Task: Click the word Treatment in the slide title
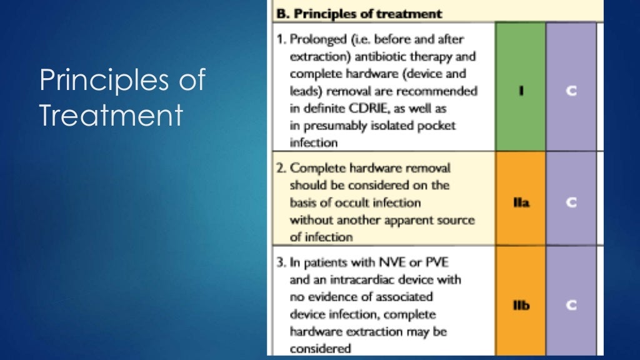pyautogui.click(x=111, y=116)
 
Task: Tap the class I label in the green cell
pyautogui.click(x=521, y=91)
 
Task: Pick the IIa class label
pyautogui.click(x=521, y=203)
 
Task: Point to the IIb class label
pyautogui.click(x=521, y=306)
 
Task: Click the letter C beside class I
pyautogui.click(x=571, y=91)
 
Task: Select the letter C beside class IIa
pyautogui.click(x=571, y=203)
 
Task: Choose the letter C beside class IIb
pyautogui.click(x=571, y=306)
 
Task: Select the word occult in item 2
pyautogui.click(x=366, y=202)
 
